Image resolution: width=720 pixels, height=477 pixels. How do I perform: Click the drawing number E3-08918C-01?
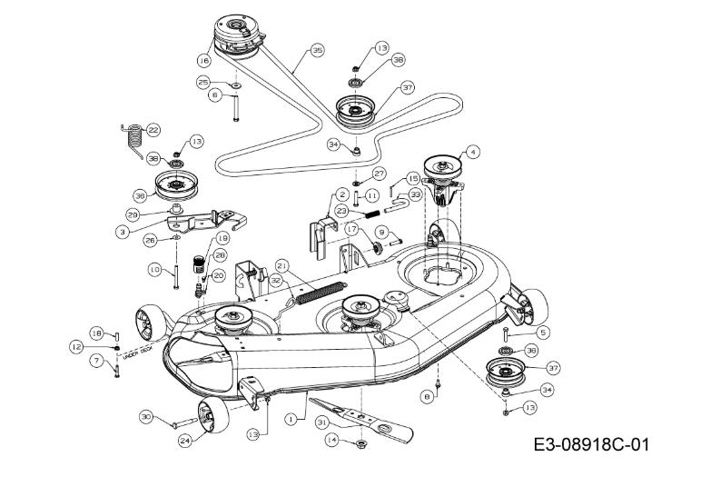(591, 445)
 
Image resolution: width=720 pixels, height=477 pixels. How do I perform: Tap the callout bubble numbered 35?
(317, 51)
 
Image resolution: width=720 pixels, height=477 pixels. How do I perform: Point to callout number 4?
(472, 153)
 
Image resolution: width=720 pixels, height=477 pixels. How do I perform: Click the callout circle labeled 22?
(153, 130)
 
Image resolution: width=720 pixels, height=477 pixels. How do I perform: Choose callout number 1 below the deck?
(290, 420)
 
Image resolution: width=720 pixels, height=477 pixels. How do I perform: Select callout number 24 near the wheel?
(186, 441)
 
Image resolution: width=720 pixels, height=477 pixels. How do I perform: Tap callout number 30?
(146, 416)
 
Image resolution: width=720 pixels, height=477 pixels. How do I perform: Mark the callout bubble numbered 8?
(426, 396)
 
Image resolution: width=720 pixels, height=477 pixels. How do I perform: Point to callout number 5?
(543, 332)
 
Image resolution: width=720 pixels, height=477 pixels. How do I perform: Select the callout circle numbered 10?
(154, 270)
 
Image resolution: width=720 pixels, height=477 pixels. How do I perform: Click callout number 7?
(94, 361)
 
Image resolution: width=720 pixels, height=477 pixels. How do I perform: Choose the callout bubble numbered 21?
(281, 265)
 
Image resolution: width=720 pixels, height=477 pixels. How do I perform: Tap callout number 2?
(342, 194)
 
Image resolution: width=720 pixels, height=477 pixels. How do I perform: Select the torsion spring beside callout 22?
(132, 138)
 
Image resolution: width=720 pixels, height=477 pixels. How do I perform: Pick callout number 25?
(204, 82)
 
